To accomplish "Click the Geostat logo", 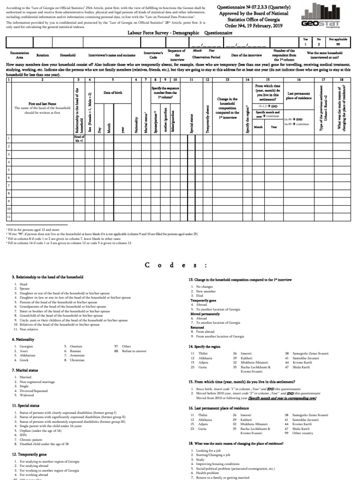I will coord(334,18).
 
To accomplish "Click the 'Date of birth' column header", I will coord(112,93).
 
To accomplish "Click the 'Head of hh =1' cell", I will coord(78,139).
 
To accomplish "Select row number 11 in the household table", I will coord(8,217).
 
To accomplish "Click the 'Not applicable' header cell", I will coord(344,40).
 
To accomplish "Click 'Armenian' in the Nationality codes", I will coord(77,355).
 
